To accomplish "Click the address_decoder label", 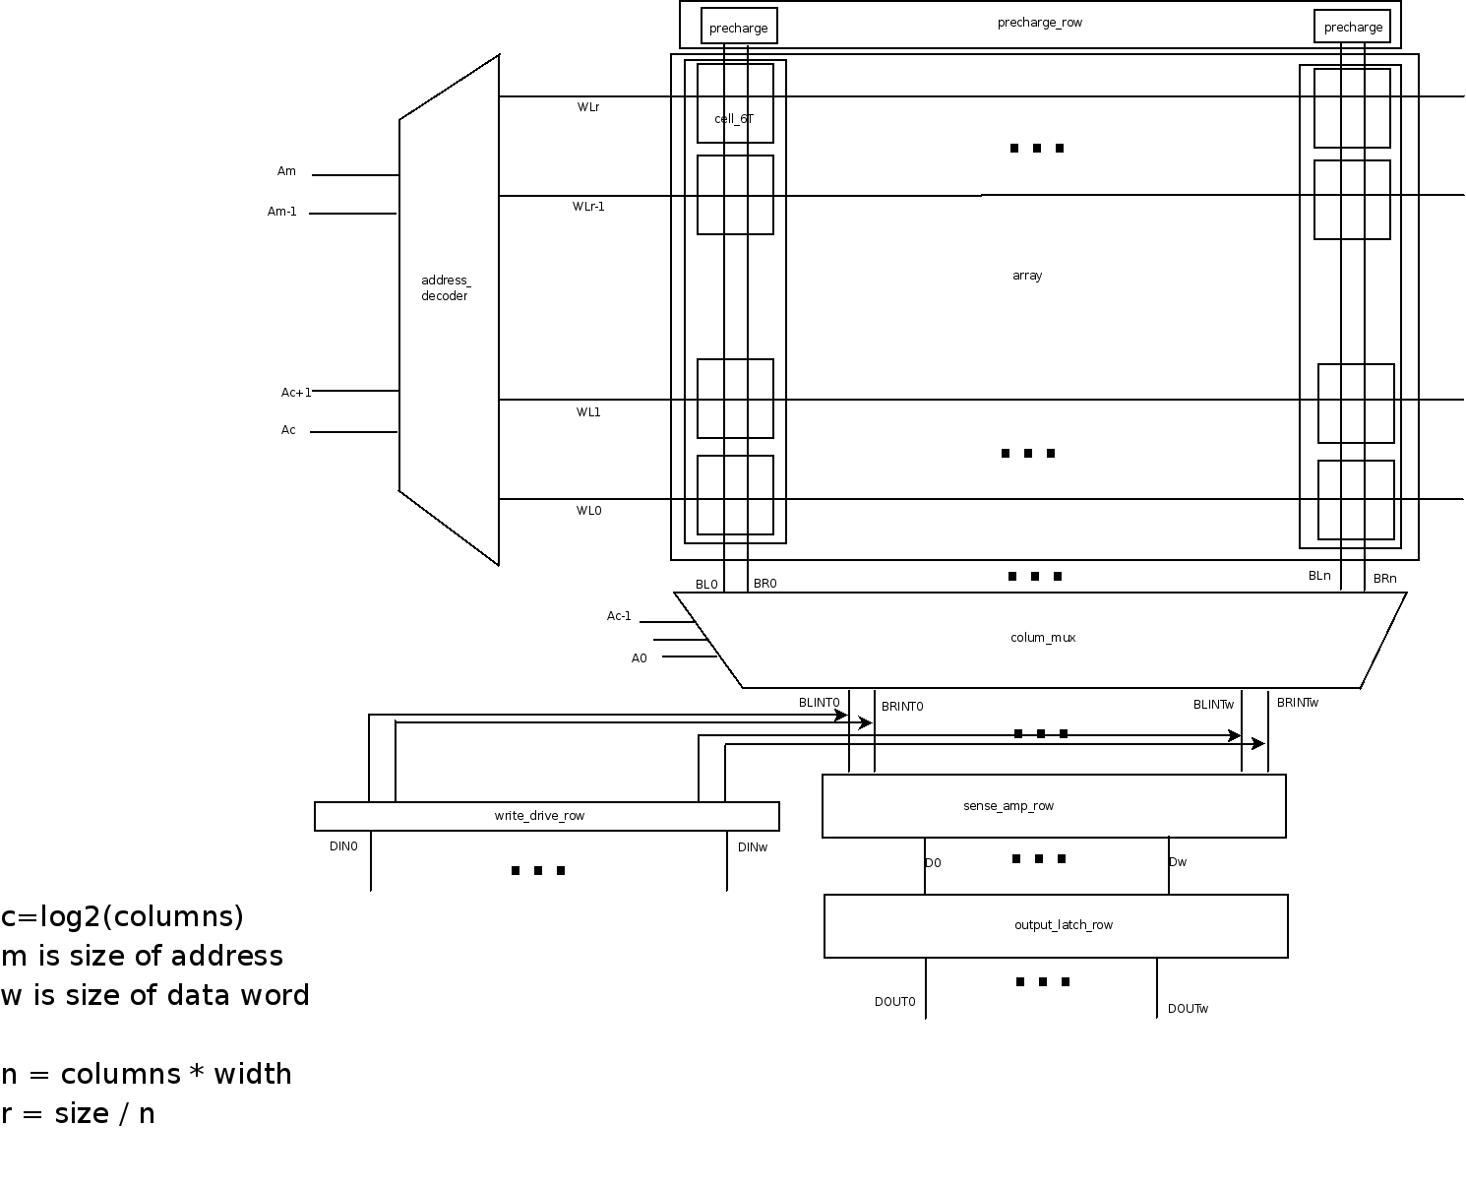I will tap(445, 288).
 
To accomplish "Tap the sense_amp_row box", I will tap(1054, 806).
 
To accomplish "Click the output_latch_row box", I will tap(1056, 925).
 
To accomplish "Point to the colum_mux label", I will tap(1043, 638).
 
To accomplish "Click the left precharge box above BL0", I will tap(739, 28).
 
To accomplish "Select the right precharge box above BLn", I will tap(1353, 27).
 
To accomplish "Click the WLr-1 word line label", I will tap(588, 207).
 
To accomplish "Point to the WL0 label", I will tap(588, 511).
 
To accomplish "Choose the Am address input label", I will tap(286, 171).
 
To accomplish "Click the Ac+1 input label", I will tap(296, 393).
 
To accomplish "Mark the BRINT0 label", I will tap(902, 707).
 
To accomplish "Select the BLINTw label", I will tap(1213, 705).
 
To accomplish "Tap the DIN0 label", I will tap(343, 845).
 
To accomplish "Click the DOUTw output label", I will tap(1188, 1009).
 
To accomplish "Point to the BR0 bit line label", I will tap(764, 584).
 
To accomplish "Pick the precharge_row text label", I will tap(1040, 23).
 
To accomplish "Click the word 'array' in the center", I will tap(1027, 276).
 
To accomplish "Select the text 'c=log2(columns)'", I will tap(122, 916).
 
